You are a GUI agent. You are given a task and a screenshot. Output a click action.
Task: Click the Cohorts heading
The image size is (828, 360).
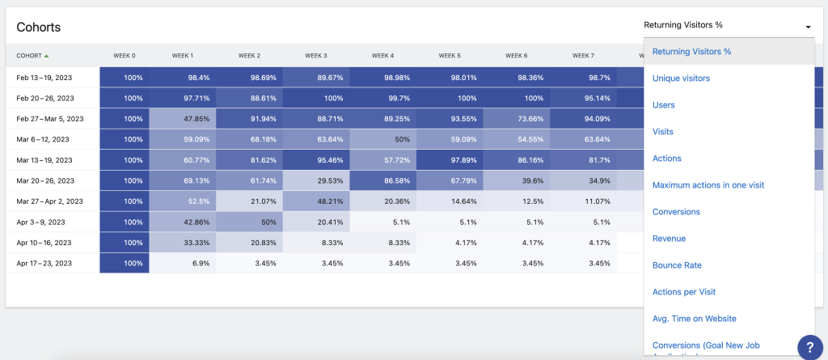coord(39,27)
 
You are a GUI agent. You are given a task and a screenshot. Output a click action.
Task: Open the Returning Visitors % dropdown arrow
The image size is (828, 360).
coord(807,27)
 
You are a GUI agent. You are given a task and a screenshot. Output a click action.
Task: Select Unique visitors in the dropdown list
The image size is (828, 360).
coord(681,78)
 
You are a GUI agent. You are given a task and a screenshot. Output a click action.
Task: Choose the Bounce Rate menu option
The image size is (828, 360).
coord(677,265)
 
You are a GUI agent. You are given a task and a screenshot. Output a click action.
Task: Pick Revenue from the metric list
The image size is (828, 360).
coord(669,239)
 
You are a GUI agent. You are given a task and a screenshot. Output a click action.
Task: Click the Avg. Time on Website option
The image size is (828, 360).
coord(694,319)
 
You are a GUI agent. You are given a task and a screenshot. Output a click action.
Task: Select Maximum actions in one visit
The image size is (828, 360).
coord(708,185)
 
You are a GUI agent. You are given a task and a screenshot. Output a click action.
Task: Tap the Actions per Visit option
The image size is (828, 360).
coord(684,292)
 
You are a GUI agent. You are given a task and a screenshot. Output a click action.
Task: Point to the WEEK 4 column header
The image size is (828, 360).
coord(382,56)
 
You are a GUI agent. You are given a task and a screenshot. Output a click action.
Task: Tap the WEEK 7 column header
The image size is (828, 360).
coord(583,56)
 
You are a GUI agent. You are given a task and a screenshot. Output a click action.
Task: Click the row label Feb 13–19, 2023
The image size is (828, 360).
coord(44,77)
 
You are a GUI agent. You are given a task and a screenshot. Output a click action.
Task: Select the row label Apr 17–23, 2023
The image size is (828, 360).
coord(44,263)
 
